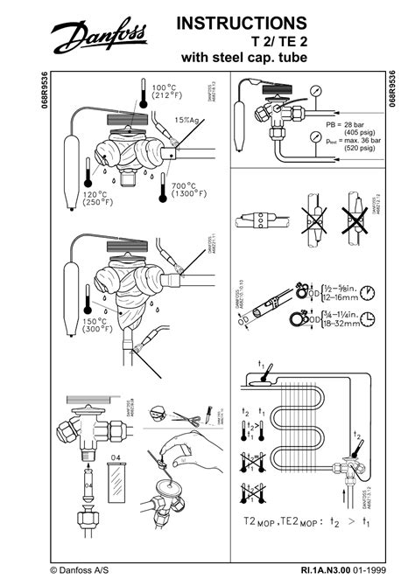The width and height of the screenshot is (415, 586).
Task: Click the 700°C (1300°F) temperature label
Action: click(x=189, y=192)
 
